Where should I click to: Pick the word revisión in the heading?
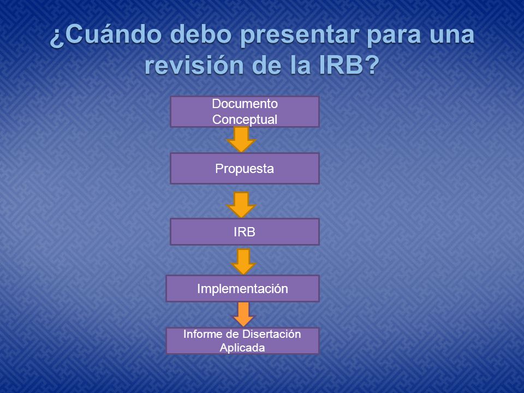point(194,65)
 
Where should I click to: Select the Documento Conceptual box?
point(245,111)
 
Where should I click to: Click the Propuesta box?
point(245,169)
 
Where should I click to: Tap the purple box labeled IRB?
point(245,231)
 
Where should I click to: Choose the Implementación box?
point(242,288)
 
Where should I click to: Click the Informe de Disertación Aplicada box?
point(242,341)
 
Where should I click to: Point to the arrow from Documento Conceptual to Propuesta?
point(241,140)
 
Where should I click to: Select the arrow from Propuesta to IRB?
point(241,205)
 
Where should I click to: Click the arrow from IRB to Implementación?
point(243,261)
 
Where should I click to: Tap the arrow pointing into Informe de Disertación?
point(243,314)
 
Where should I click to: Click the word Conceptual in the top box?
point(245,120)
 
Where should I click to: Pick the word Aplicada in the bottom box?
point(242,348)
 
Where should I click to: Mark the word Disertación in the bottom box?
point(271,334)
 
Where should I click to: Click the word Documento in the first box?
point(245,104)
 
